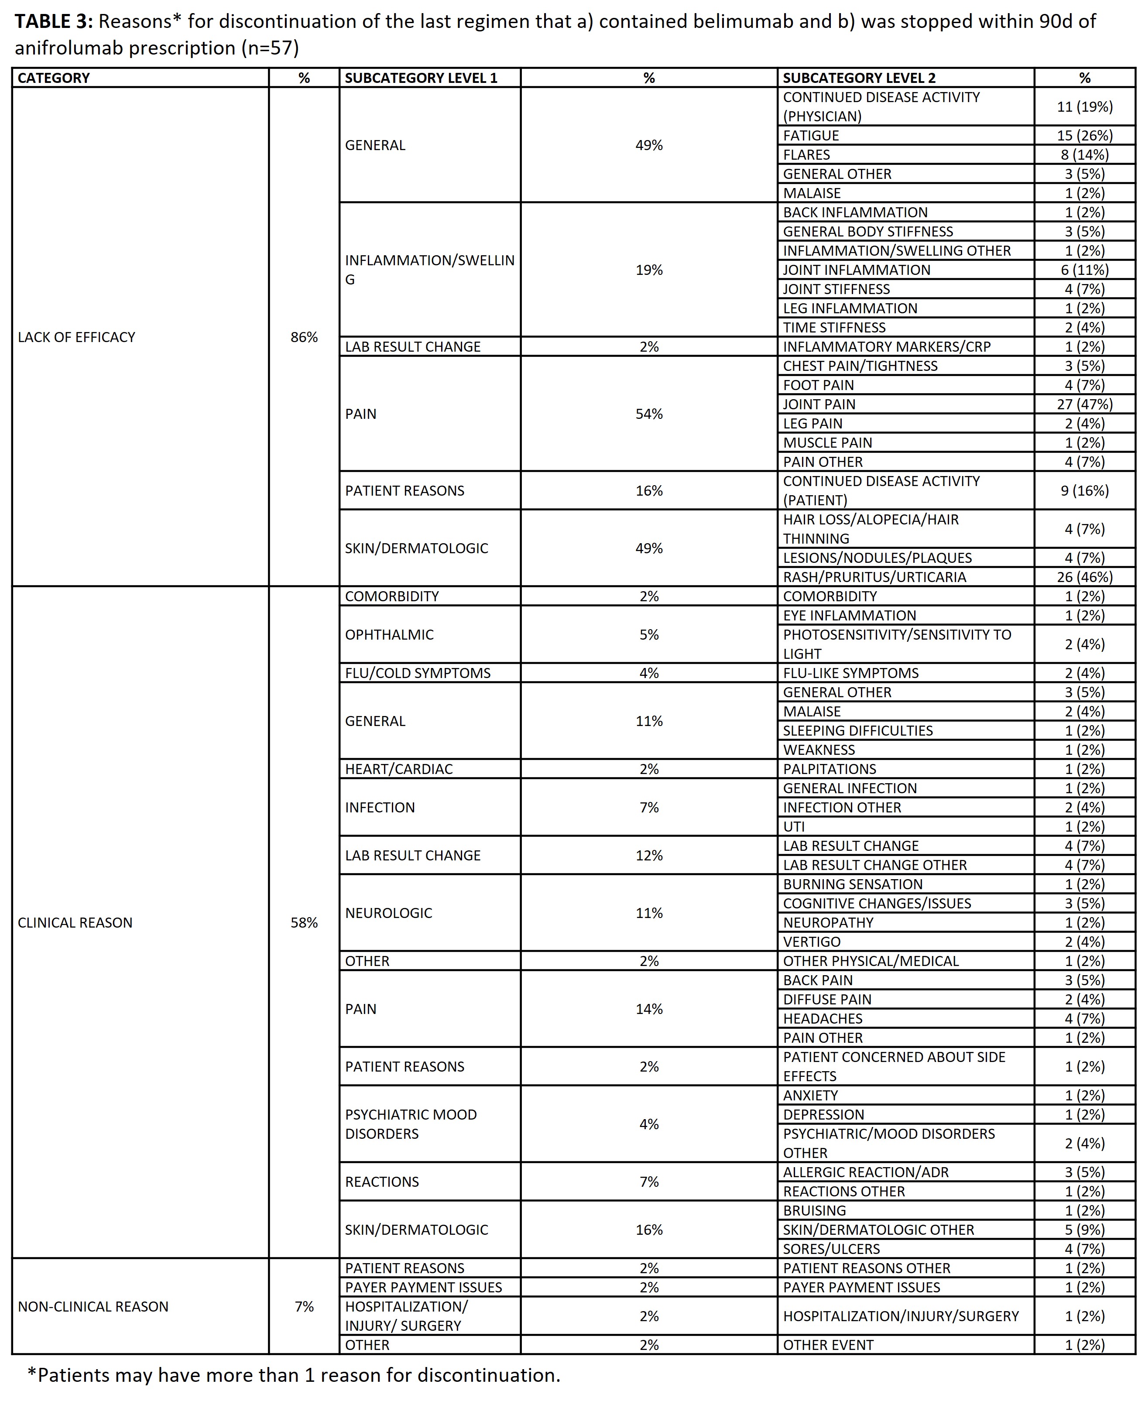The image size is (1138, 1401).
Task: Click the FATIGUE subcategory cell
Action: pos(811,136)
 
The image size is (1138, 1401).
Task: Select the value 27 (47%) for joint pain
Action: pos(1084,404)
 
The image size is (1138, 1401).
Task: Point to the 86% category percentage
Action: pos(304,337)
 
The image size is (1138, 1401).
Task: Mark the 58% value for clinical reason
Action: pos(304,922)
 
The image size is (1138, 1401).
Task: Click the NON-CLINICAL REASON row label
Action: pos(93,1307)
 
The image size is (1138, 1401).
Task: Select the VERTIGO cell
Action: pos(812,942)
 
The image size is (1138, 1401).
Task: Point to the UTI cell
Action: pos(794,827)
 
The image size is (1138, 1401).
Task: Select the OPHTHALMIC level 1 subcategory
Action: pos(389,634)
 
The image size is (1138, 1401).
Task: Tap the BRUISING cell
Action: pos(814,1211)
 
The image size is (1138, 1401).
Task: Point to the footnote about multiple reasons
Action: pos(294,1375)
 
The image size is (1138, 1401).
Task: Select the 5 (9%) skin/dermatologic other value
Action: pos(1084,1230)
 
